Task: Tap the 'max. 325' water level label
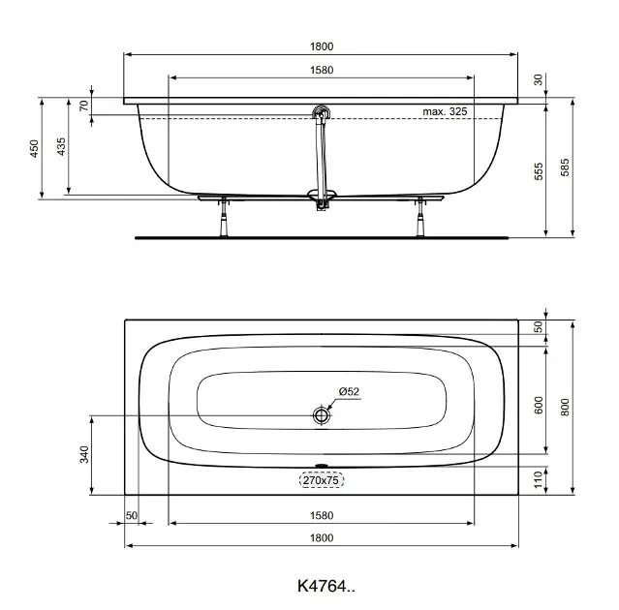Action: coord(445,111)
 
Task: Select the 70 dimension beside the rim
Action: coord(84,106)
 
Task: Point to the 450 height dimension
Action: coord(35,148)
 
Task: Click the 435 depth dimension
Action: coord(61,146)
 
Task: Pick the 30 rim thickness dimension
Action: coord(539,79)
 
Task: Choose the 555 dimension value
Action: coord(539,171)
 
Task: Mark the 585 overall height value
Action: coord(565,167)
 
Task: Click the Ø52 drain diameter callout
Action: coord(349,391)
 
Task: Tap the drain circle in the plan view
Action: coord(322,415)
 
